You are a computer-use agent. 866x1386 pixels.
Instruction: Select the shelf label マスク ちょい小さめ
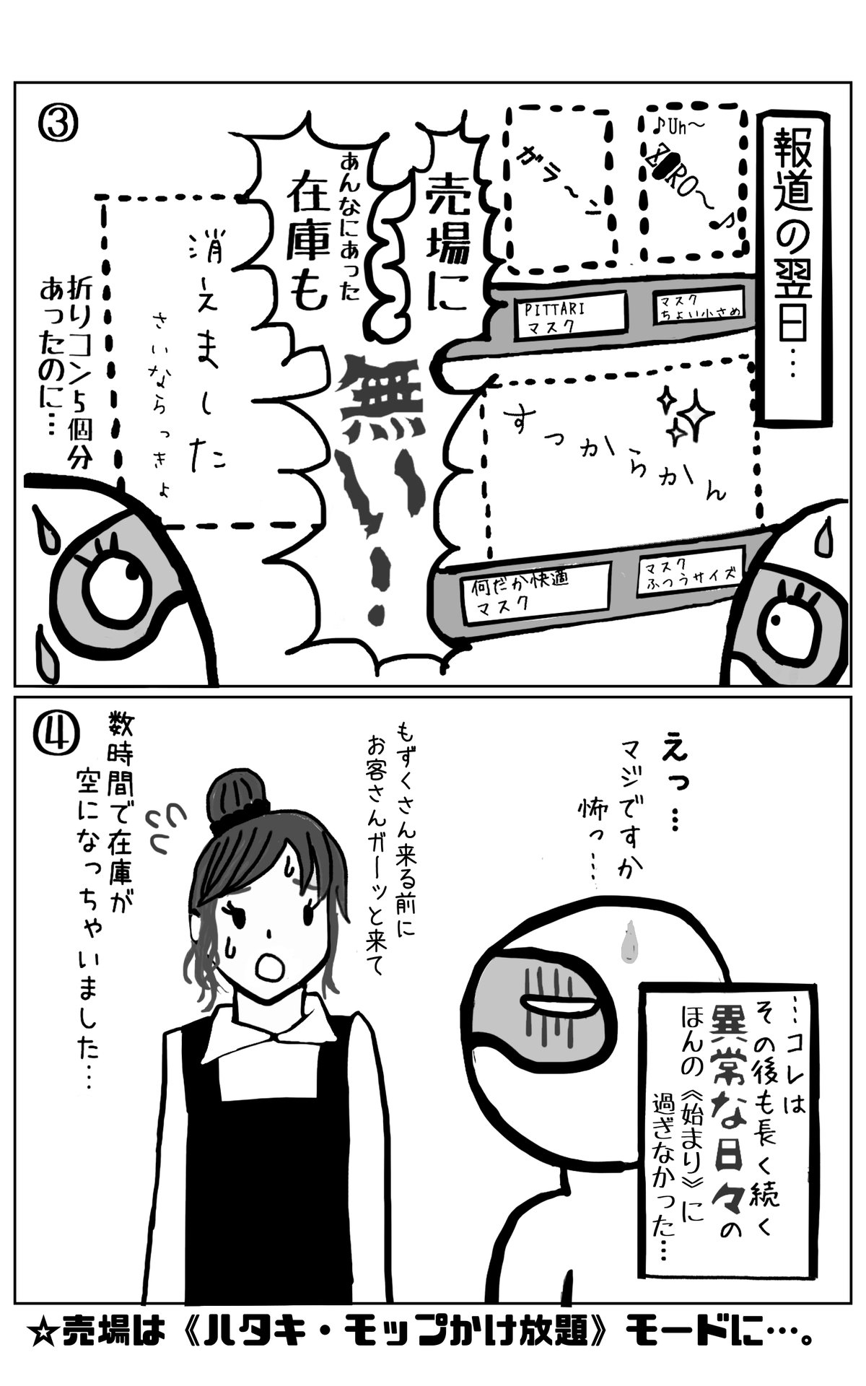click(696, 308)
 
